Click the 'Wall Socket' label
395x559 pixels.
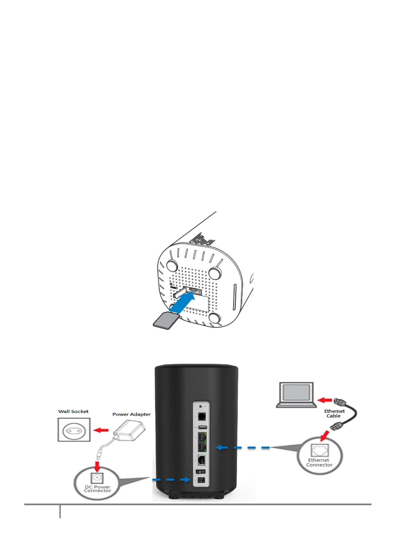73,411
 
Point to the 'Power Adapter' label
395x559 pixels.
131,414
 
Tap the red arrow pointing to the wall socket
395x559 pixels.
101,430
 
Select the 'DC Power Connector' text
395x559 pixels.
97,489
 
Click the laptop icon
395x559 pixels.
296,395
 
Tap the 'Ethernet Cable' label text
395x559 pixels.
334,413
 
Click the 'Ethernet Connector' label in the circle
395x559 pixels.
319,462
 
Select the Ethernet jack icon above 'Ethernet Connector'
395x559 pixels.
320,450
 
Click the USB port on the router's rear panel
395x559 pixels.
202,427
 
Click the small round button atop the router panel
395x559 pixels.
200,406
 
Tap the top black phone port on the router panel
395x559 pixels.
201,417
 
